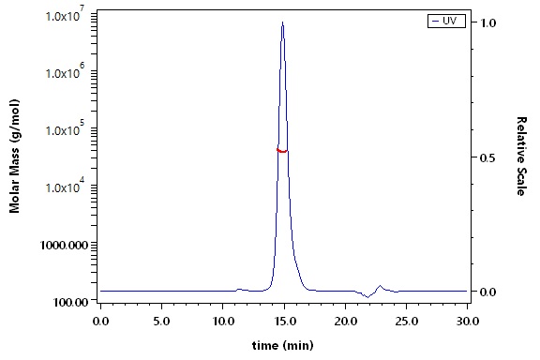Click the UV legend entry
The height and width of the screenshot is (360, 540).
point(446,21)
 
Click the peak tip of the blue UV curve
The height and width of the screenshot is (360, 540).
point(282,22)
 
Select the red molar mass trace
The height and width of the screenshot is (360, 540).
point(282,151)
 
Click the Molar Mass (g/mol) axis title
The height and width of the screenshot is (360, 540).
point(14,156)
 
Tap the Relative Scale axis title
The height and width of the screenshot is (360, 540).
point(521,156)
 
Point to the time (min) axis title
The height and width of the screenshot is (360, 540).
point(283,345)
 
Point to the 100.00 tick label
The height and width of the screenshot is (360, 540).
point(70,302)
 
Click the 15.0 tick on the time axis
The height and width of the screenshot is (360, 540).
point(284,322)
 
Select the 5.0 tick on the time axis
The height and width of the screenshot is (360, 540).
point(162,322)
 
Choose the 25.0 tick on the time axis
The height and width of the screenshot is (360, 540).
point(406,322)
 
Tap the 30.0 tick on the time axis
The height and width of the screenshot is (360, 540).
point(467,322)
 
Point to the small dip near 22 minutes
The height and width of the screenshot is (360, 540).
point(367,297)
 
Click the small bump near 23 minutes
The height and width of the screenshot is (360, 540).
point(381,286)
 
